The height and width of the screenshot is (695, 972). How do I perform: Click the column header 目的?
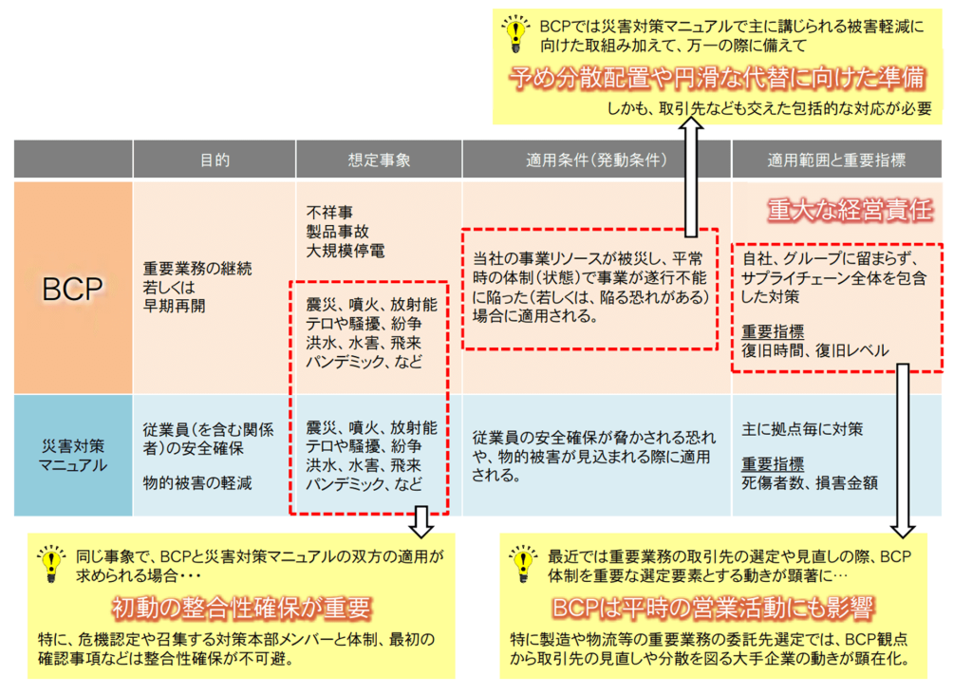click(215, 160)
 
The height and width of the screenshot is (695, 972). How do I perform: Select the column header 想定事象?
click(379, 160)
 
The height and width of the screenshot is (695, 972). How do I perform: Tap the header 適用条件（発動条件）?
click(596, 160)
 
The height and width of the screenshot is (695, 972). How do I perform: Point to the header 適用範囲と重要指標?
click(836, 160)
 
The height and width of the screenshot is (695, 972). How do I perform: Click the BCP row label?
click(72, 289)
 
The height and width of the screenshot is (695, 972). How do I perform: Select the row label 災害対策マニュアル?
click(73, 456)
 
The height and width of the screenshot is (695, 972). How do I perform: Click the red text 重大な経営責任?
click(850, 210)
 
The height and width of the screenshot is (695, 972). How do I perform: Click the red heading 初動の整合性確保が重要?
click(242, 609)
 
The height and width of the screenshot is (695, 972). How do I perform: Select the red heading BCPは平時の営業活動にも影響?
click(713, 609)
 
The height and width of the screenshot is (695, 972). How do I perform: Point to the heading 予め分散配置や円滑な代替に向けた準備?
click(718, 78)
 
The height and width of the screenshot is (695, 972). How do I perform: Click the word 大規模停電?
click(346, 251)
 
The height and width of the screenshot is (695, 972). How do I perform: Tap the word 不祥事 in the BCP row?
click(329, 213)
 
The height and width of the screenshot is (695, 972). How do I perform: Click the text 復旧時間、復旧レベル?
click(815, 351)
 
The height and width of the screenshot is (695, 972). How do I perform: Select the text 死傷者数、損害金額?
click(810, 483)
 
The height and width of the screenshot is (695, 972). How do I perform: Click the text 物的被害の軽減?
click(197, 483)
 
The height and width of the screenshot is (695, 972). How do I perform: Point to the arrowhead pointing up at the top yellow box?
click(691, 124)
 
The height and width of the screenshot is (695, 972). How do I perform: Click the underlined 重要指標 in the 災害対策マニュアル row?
click(773, 464)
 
